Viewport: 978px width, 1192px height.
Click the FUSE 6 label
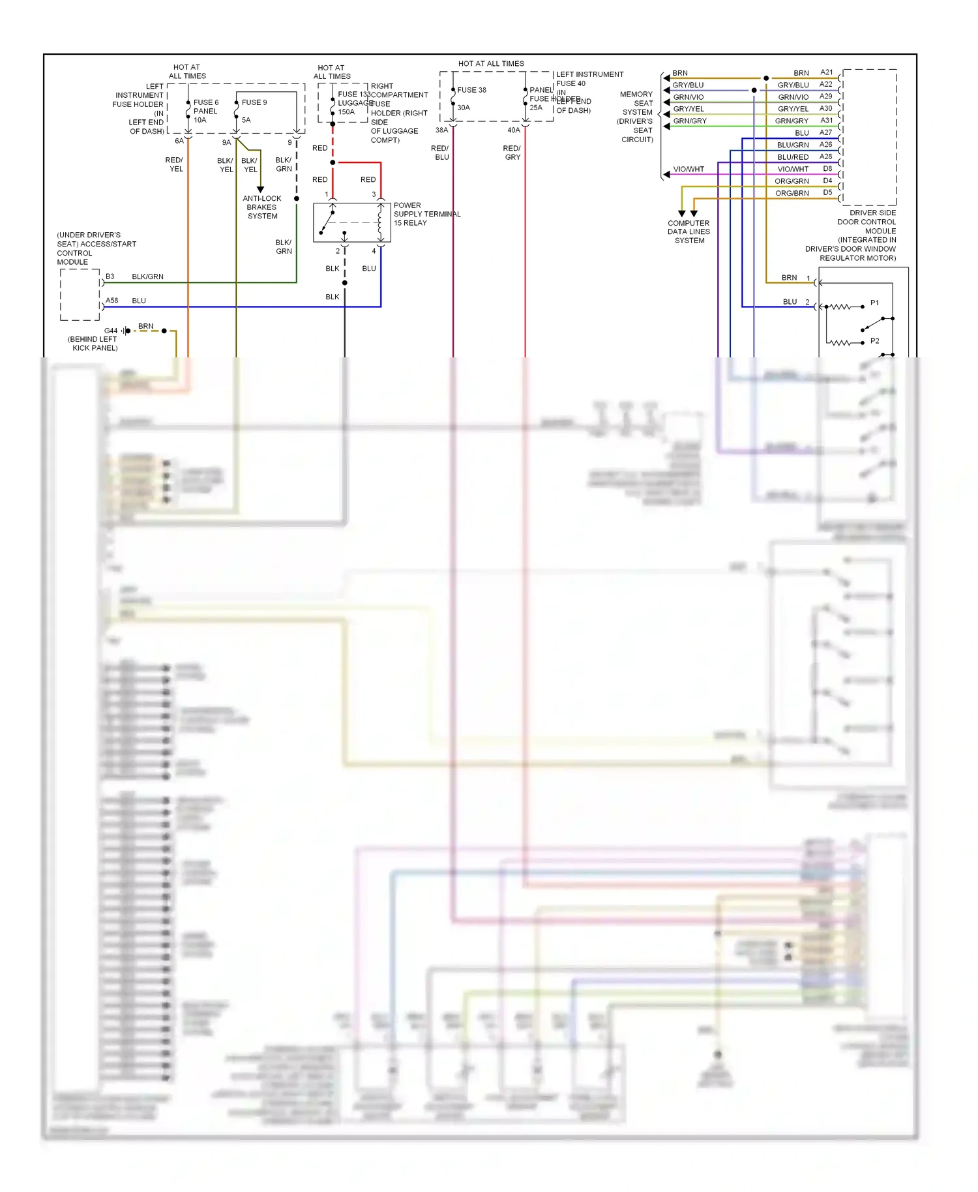click(205, 102)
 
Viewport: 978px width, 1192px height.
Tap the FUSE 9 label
click(254, 102)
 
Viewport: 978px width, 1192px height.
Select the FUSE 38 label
click(471, 90)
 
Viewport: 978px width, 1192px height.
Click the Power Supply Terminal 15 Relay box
click(351, 222)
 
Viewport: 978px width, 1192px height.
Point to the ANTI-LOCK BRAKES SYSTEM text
click(262, 207)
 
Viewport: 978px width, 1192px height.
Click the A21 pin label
click(826, 72)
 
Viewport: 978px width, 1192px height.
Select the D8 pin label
click(827, 169)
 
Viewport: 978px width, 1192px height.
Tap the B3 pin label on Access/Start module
click(110, 276)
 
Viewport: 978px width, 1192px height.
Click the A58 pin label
click(112, 301)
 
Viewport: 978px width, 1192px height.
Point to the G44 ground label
click(111, 331)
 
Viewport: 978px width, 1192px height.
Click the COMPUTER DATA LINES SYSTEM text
click(689, 231)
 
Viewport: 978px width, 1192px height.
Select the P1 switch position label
click(874, 303)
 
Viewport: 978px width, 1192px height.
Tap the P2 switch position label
click(874, 341)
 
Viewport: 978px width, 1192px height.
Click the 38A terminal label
click(441, 130)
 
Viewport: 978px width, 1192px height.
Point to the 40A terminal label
click(514, 130)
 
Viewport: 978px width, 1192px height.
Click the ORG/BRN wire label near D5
click(792, 193)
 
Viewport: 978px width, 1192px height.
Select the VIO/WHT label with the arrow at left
click(689, 170)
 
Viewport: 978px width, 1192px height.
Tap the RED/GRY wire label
click(512, 153)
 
